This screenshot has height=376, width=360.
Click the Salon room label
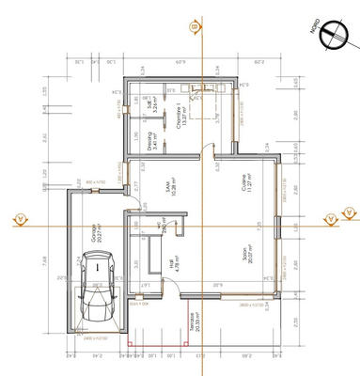[243, 254]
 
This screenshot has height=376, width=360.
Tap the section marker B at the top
[195, 28]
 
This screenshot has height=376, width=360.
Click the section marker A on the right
[331, 218]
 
